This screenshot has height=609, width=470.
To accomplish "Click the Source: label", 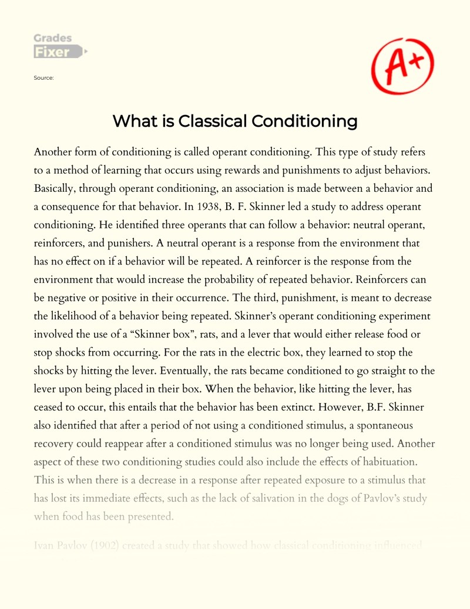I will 45,77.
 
